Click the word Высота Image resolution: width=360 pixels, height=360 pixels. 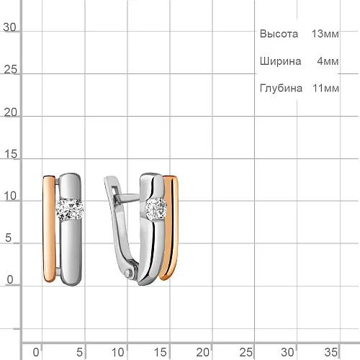click(279, 34)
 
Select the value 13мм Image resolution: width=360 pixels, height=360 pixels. click(325, 34)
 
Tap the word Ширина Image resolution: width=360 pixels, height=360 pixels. click(280, 61)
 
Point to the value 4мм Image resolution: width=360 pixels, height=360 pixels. click(328, 61)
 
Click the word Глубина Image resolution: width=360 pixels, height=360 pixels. click(281, 88)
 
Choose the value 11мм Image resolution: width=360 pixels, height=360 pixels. click(325, 89)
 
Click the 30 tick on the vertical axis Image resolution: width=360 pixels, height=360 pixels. click(9, 27)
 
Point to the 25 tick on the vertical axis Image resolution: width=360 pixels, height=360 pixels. click(11, 70)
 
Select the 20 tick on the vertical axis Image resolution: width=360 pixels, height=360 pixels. click(11, 112)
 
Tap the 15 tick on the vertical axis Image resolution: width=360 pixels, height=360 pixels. click(11, 154)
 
